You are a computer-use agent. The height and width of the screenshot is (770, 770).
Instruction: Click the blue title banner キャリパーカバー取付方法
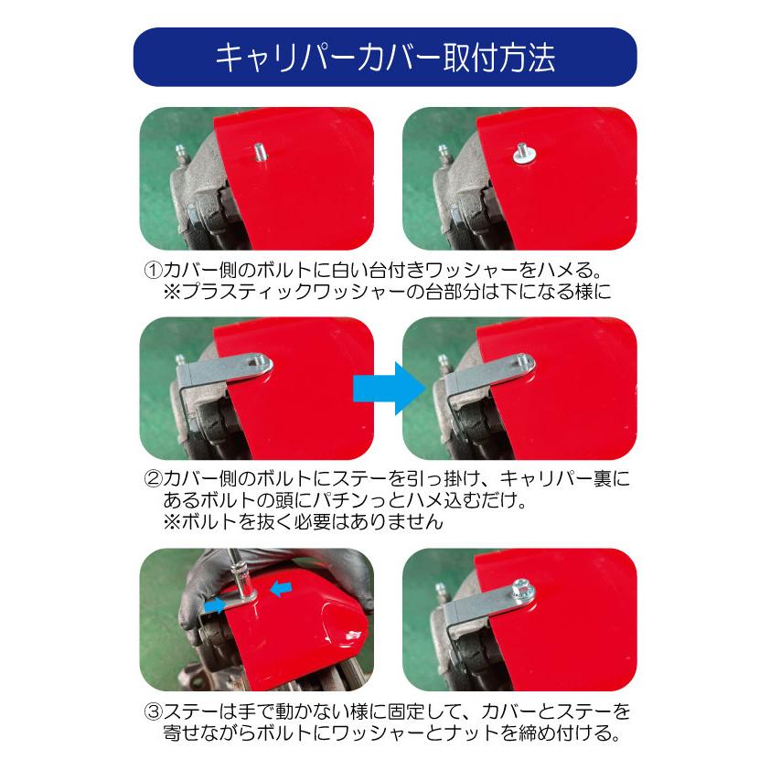tap(384, 58)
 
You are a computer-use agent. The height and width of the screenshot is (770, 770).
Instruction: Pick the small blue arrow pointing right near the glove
tap(217, 605)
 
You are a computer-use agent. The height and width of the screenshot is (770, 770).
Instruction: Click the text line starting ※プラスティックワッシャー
tap(384, 293)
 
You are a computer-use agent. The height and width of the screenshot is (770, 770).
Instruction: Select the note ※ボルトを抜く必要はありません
tap(302, 523)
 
